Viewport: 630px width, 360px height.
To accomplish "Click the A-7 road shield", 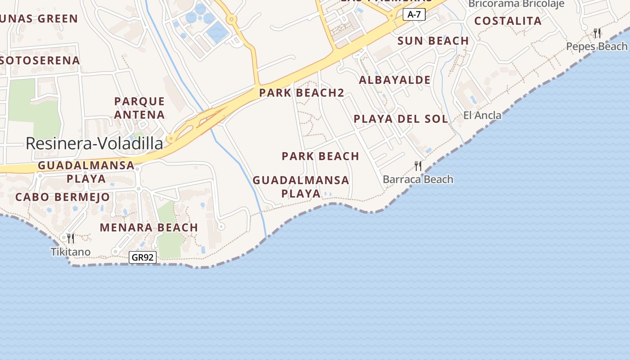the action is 414,14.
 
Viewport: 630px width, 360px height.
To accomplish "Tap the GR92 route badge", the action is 142,257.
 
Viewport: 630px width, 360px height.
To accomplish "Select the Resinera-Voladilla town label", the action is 94,144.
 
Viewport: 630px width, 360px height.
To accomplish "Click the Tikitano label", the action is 71,252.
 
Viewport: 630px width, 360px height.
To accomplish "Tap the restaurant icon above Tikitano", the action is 70,238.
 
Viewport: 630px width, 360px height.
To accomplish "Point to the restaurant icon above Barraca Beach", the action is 418,166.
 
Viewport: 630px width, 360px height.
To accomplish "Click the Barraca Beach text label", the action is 418,180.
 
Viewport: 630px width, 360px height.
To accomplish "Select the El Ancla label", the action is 482,116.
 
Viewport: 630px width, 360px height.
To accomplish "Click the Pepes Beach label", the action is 596,46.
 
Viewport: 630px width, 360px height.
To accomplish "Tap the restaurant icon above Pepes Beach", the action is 597,32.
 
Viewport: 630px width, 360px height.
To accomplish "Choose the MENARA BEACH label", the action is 149,228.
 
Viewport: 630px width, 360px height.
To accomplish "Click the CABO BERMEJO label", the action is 63,197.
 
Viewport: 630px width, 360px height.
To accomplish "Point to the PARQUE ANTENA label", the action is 139,108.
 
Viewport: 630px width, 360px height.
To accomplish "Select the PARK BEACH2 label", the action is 301,93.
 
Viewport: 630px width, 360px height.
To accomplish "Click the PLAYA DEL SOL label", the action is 400,119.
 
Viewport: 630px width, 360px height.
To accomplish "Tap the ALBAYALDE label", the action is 395,80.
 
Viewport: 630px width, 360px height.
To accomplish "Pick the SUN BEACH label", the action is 433,41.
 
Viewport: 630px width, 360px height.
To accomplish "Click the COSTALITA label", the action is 508,21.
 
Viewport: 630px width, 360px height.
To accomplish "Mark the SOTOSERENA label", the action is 40,60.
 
